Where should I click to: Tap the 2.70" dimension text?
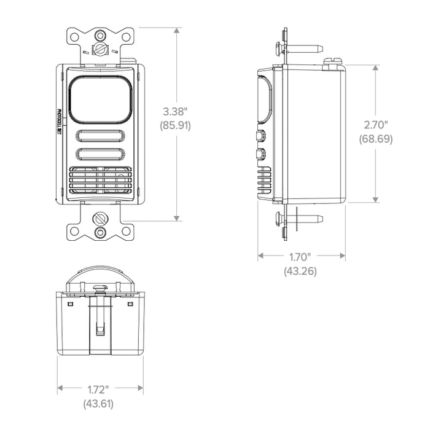click(375, 125)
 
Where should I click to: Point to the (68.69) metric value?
click(375, 139)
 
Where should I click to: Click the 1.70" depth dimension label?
click(300, 256)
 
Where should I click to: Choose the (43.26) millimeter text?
click(300, 270)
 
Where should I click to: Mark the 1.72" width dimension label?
click(98, 389)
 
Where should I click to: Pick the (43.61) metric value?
click(98, 404)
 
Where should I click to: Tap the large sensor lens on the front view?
click(100, 98)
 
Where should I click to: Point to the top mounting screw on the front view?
click(100, 47)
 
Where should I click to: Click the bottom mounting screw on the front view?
click(100, 218)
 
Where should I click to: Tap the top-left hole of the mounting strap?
click(74, 37)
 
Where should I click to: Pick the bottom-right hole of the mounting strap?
click(126, 231)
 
